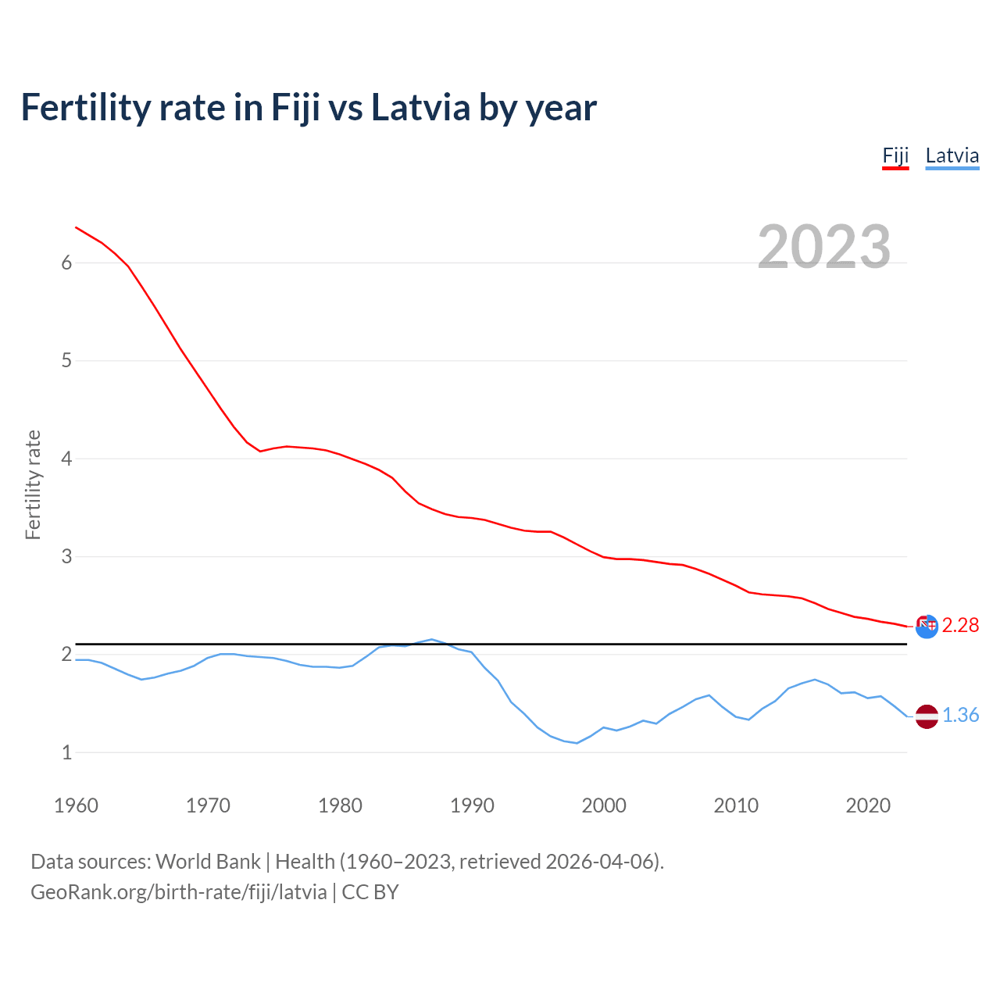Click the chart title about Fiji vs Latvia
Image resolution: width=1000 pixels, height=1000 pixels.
(x=309, y=107)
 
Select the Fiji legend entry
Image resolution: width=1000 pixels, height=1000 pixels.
(x=895, y=155)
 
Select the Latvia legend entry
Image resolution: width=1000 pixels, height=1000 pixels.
(x=952, y=155)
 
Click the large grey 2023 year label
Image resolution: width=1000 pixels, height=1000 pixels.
(x=823, y=247)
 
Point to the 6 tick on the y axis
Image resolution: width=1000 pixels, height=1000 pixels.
(x=66, y=263)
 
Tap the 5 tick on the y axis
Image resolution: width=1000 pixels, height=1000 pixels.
(x=66, y=361)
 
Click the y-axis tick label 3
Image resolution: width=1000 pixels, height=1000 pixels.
(x=66, y=557)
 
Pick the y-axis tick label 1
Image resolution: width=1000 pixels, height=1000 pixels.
(x=66, y=753)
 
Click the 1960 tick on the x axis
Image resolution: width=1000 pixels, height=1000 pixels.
(x=76, y=805)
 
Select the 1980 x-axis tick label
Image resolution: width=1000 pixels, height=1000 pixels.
(x=340, y=805)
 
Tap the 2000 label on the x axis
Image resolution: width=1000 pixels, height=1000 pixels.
(x=604, y=805)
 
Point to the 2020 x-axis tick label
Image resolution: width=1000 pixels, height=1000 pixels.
(x=868, y=805)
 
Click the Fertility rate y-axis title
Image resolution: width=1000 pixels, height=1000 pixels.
(x=33, y=484)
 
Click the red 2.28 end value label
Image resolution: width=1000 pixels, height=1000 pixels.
(x=960, y=626)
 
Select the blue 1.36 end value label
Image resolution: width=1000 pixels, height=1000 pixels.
(x=960, y=716)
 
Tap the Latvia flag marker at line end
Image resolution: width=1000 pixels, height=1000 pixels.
(x=927, y=716)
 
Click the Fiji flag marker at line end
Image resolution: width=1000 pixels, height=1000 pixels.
(x=927, y=626)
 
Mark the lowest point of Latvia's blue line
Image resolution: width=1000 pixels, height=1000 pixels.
(x=577, y=743)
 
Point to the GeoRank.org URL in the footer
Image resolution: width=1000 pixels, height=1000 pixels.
(x=179, y=892)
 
